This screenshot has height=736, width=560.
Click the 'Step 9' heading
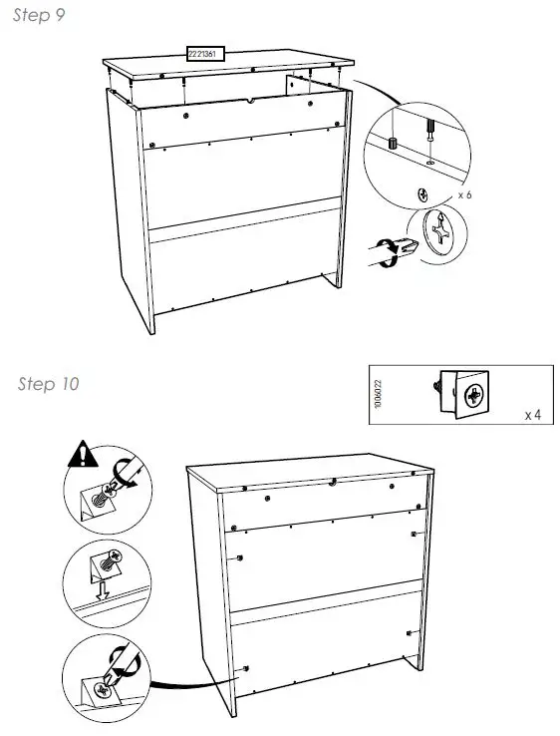[x=39, y=17]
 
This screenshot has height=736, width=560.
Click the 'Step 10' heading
[x=48, y=384]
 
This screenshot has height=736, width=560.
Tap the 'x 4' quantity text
[x=533, y=413]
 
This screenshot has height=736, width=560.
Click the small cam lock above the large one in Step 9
[x=422, y=194]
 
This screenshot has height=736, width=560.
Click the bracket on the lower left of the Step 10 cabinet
[x=244, y=666]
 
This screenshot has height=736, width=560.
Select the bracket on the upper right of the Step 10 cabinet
[x=414, y=535]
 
